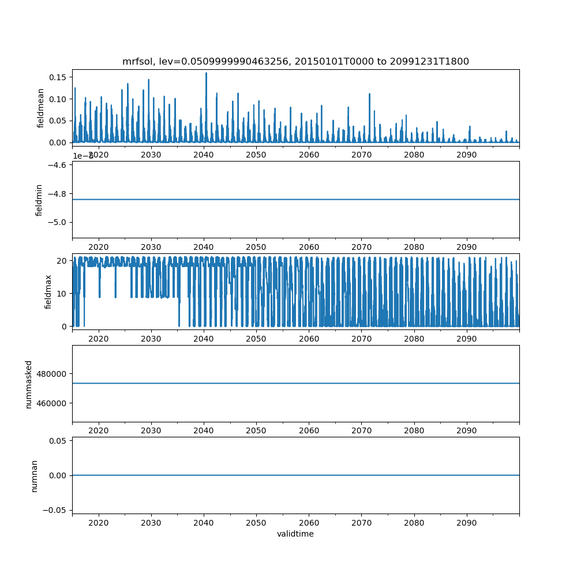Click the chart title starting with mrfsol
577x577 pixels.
coord(295,62)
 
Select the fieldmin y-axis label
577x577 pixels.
coord(39,200)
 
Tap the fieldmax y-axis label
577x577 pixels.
coord(48,291)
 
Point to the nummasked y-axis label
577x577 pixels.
coord(29,383)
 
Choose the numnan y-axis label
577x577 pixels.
coord(35,475)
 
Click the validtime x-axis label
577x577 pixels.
coord(295,534)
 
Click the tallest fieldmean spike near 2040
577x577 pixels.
coord(206,73)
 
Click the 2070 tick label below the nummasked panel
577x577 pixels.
coord(361,430)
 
